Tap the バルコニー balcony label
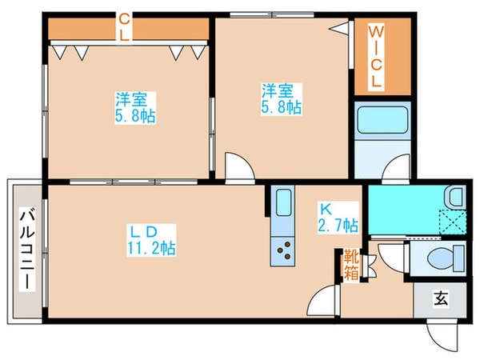[x=26, y=248]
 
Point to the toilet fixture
[x=440, y=258]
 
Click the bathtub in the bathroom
[x=381, y=120]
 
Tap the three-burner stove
[x=282, y=253]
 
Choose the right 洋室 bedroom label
[x=280, y=96]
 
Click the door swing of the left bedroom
[x=238, y=166]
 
